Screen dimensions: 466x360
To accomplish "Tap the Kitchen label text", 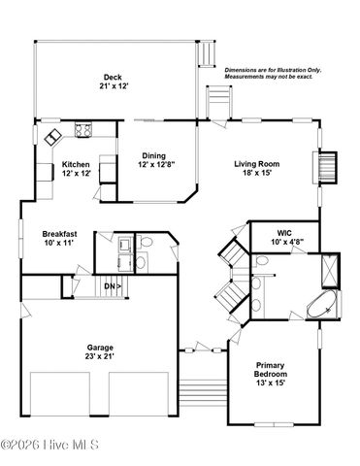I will point(77,164).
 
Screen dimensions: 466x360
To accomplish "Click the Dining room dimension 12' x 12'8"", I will point(153,165).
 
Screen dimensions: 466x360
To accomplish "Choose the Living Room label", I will point(256,164).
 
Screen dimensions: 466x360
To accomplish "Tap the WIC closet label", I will point(283,233).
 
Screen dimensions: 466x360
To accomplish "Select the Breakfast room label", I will point(59,234).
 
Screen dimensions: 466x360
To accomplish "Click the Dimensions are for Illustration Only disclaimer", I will point(274,74).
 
